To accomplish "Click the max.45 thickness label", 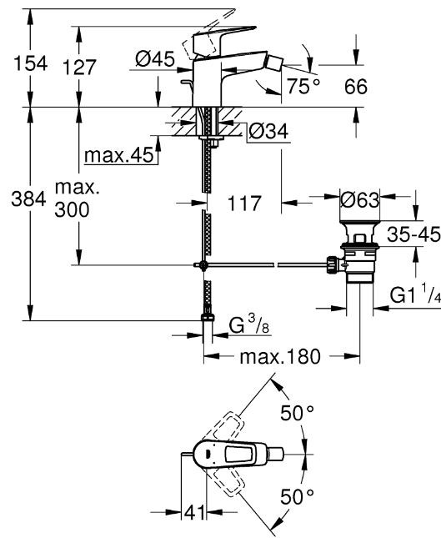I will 119,156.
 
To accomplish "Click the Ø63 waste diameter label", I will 361,200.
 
